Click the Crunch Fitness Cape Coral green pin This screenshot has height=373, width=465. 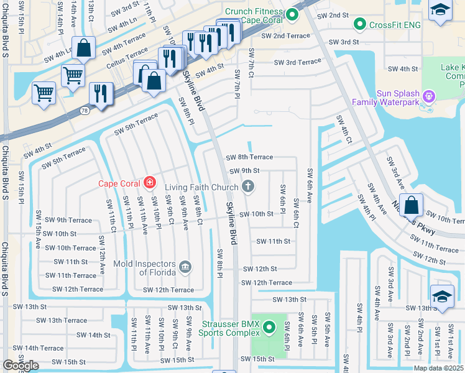292,13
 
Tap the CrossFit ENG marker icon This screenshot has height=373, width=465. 359,24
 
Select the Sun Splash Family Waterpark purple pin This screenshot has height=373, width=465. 428,96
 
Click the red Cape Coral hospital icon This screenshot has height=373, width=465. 149,183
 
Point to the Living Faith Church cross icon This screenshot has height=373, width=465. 248,186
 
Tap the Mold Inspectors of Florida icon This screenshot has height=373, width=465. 185,267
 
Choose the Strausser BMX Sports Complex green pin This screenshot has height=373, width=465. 269,326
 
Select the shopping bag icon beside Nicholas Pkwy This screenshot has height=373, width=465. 412,205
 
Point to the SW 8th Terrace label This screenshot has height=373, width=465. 249,158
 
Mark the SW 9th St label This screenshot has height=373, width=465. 244,171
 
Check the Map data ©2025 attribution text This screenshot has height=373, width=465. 438,368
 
